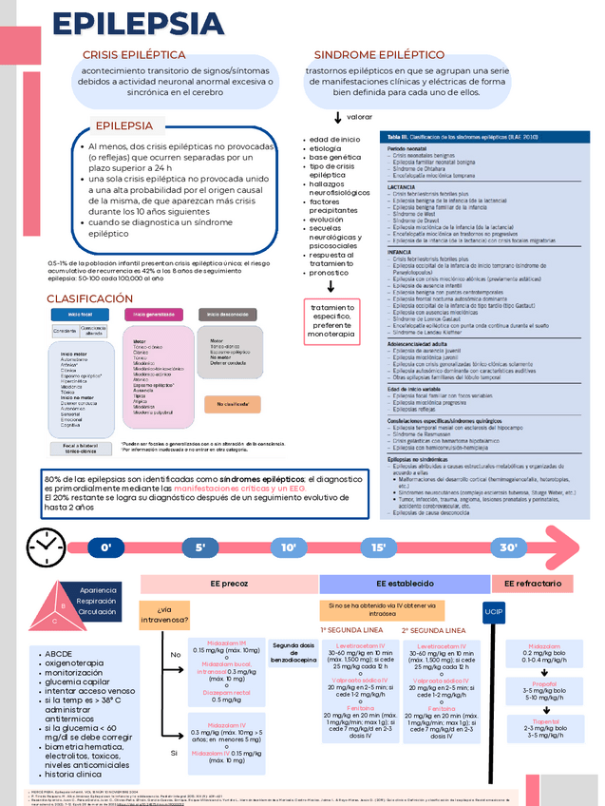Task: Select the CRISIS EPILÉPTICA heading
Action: point(140,55)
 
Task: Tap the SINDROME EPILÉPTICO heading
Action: point(379,55)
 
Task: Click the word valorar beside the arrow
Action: point(359,117)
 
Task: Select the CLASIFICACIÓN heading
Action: point(90,298)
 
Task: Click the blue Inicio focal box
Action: point(80,315)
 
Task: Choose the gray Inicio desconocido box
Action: point(229,315)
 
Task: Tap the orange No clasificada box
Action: point(232,403)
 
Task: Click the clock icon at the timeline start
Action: point(44,547)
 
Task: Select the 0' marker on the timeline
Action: point(105,547)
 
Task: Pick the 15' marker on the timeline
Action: point(378,547)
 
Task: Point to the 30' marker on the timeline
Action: point(509,547)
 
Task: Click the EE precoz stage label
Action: point(228,584)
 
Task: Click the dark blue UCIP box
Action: point(494,610)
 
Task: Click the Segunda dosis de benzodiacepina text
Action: point(293,651)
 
